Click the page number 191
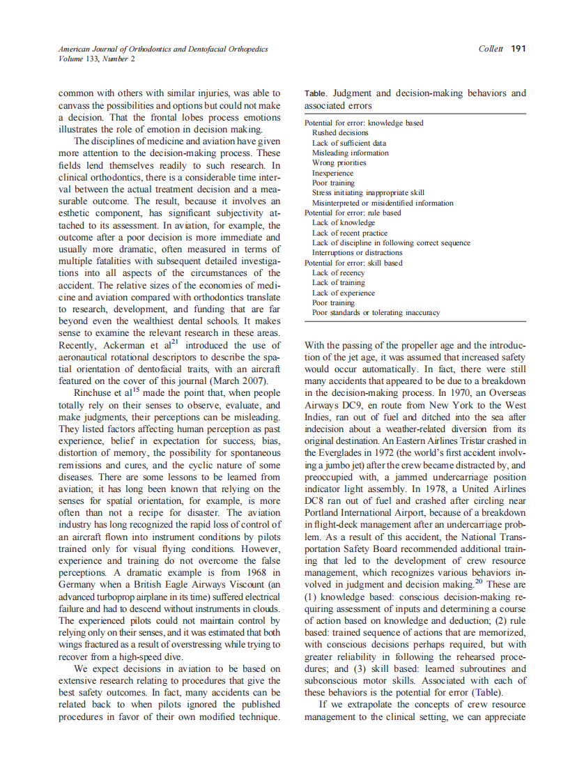pos(518,49)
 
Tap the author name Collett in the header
pos(491,49)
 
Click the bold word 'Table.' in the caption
pos(316,93)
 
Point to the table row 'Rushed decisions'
pos(340,132)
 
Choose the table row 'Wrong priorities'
pos(339,162)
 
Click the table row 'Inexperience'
pos(332,173)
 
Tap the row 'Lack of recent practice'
pos(349,233)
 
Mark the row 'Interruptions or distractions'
pos(357,252)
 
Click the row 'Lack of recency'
pos(338,273)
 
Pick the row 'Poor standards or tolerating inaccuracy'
pos(376,313)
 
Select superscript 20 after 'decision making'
pos(478,581)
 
